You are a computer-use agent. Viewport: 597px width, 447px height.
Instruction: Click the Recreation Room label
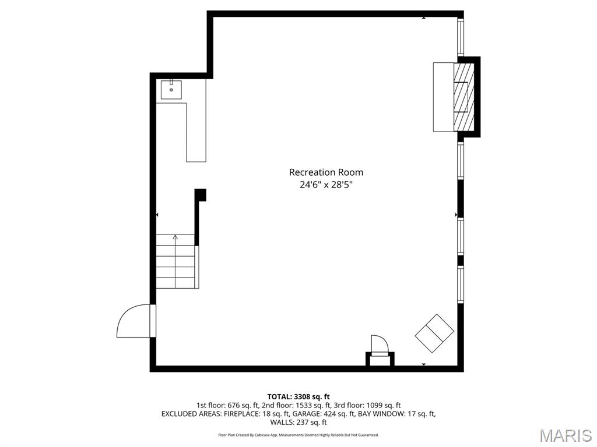pyautogui.click(x=326, y=172)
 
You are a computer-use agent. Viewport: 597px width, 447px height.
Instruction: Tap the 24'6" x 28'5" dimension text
pyautogui.click(x=326, y=185)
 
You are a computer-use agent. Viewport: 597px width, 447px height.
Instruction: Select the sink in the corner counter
pyautogui.click(x=171, y=90)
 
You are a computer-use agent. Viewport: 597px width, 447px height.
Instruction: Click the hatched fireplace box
pyautogui.click(x=464, y=97)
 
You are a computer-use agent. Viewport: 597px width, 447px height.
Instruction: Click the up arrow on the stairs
pyautogui.click(x=175, y=238)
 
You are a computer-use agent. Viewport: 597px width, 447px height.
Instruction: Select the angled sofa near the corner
pyautogui.click(x=434, y=333)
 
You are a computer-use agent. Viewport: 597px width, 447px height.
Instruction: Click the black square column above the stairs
pyautogui.click(x=200, y=194)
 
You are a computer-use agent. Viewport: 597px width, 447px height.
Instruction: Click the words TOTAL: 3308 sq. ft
pyautogui.click(x=298, y=397)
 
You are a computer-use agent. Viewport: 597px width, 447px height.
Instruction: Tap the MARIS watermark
pyautogui.click(x=565, y=435)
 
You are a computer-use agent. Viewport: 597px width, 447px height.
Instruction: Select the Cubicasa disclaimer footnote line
pyautogui.click(x=298, y=435)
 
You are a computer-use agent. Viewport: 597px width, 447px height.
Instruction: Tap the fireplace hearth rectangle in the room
pyautogui.click(x=443, y=97)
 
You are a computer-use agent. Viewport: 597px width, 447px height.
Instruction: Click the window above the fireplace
pyautogui.click(x=461, y=36)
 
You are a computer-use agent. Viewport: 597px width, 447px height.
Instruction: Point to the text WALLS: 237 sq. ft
pyautogui.click(x=298, y=422)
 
